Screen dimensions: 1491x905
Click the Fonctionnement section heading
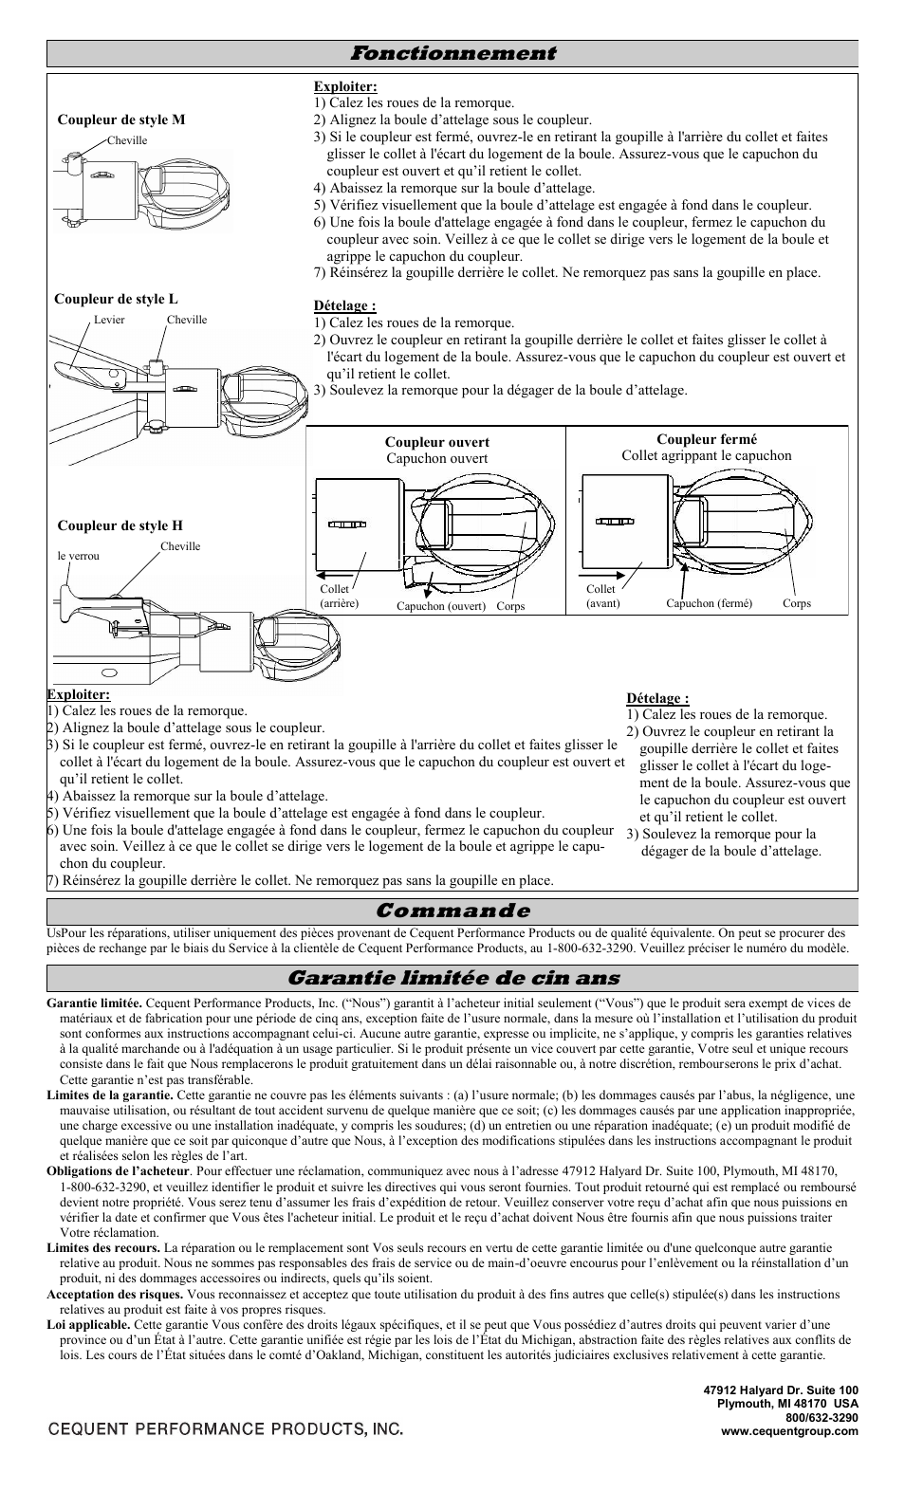452,53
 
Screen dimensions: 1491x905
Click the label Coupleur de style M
121,120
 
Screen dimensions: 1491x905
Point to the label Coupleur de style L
116,299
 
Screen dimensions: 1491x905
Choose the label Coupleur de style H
120,525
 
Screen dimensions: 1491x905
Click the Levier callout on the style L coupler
109,320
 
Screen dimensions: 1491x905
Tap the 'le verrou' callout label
78,556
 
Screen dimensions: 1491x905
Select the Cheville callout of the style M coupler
127,140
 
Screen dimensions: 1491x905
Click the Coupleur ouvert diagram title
436,442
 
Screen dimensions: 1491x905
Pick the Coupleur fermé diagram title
707,439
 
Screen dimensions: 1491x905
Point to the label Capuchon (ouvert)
440,606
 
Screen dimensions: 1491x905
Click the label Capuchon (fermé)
709,603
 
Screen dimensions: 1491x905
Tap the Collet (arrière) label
339,596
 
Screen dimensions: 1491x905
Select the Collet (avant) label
602,596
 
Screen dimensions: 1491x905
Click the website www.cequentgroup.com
790,1431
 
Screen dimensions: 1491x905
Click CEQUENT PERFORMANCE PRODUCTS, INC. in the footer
225,1428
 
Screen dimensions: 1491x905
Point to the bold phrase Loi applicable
88,1324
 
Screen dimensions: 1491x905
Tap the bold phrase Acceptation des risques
115,1294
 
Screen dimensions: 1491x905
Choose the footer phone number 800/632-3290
822,1418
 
